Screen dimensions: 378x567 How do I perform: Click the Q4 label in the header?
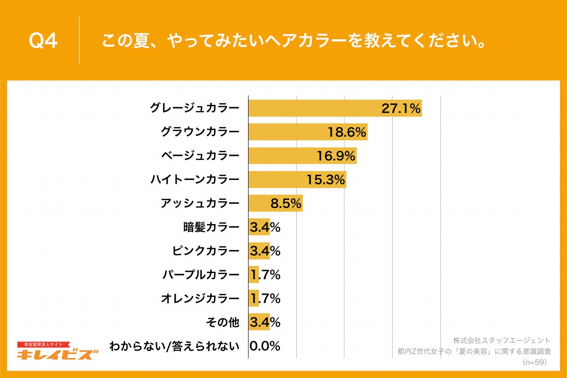[43, 41]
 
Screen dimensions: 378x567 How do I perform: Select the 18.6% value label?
[347, 132]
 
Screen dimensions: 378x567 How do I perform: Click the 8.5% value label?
[286, 204]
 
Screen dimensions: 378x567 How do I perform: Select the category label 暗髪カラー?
[211, 227]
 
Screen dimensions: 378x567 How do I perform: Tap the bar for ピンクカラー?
[259, 251]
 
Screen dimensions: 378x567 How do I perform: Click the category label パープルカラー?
[201, 275]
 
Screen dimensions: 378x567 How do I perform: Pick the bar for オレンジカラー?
[254, 298]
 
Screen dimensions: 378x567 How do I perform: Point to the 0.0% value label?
[265, 346]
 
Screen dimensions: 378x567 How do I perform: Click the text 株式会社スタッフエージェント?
[502, 340]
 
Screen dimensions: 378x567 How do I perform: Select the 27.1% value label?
[401, 109]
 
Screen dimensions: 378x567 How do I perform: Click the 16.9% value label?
[336, 156]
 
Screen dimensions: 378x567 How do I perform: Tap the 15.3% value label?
[326, 180]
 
